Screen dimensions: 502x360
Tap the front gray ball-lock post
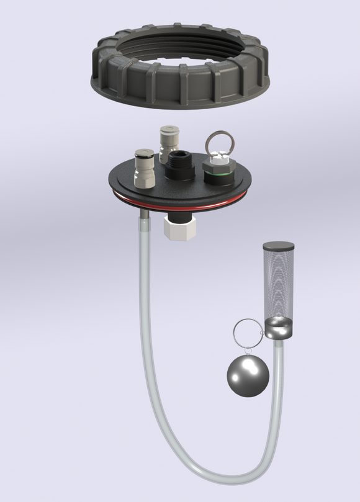(x=143, y=164)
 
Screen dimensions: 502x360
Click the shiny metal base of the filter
(x=278, y=328)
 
